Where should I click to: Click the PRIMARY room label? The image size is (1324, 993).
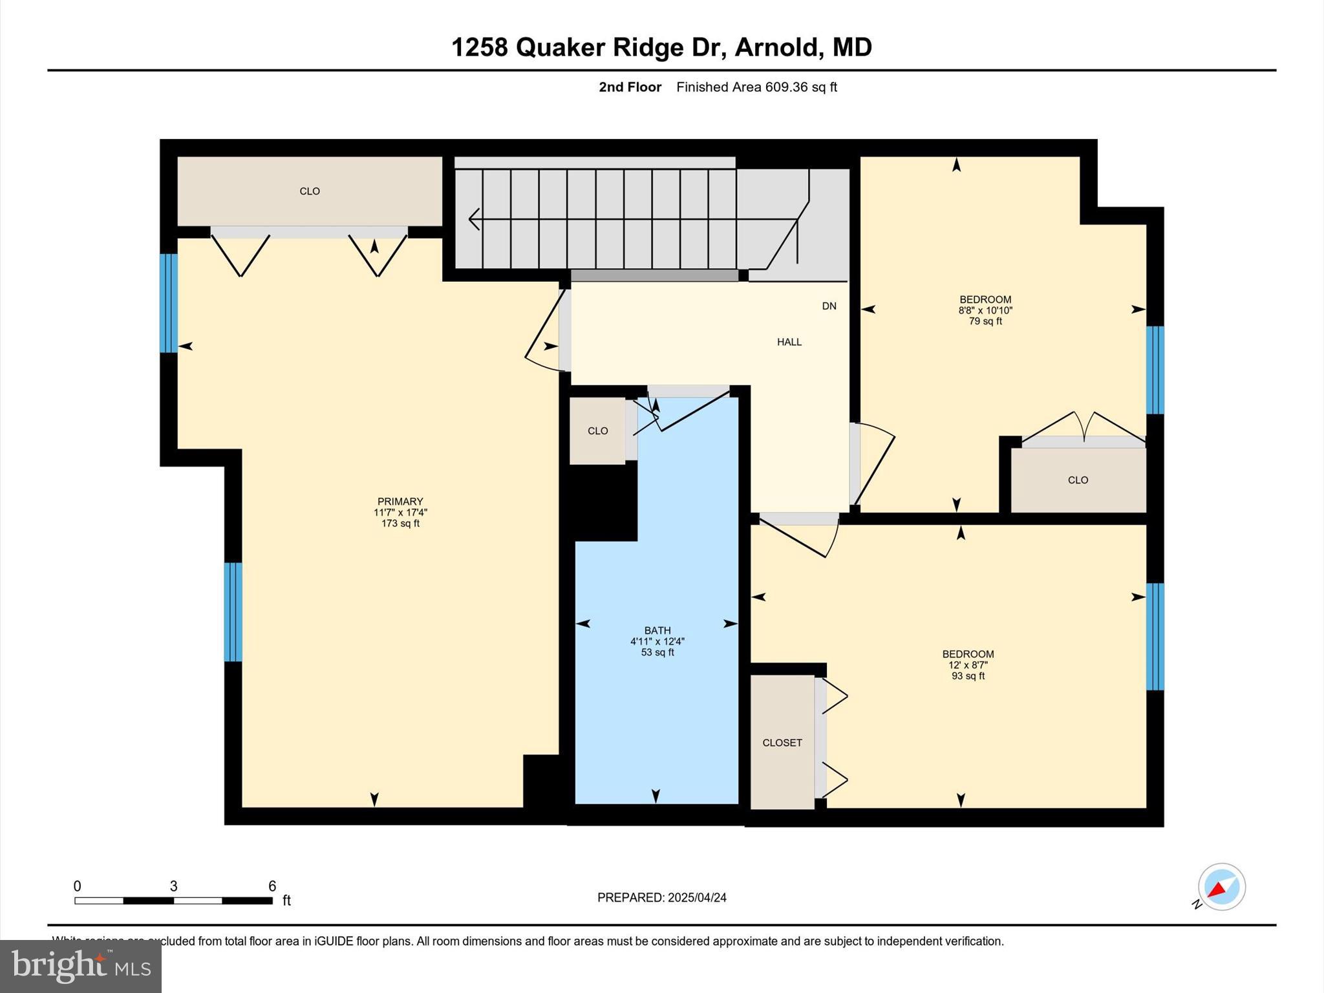pyautogui.click(x=400, y=502)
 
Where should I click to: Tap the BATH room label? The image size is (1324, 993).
pyautogui.click(x=657, y=630)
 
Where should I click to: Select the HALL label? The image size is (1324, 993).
pyautogui.click(x=789, y=342)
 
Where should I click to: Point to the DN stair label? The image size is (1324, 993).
pyautogui.click(x=829, y=306)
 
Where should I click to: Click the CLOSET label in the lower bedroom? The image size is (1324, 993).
pyautogui.click(x=782, y=743)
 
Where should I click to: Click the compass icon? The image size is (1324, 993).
pyautogui.click(x=1221, y=887)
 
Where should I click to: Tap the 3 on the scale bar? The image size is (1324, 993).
pyautogui.click(x=173, y=886)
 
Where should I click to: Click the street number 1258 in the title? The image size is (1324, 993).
pyautogui.click(x=479, y=47)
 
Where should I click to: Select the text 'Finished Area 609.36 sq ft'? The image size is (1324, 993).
pyautogui.click(x=756, y=87)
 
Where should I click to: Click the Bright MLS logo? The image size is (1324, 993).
pyautogui.click(x=81, y=966)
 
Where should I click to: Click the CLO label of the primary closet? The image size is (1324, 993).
pyautogui.click(x=310, y=191)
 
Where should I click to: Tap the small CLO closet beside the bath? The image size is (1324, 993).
pyautogui.click(x=597, y=431)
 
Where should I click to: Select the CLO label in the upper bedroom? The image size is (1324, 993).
pyautogui.click(x=1078, y=480)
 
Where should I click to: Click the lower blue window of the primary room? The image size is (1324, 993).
pyautogui.click(x=233, y=612)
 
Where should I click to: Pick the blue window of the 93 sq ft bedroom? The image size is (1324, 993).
pyautogui.click(x=1155, y=637)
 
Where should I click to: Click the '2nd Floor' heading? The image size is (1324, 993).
pyautogui.click(x=630, y=87)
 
